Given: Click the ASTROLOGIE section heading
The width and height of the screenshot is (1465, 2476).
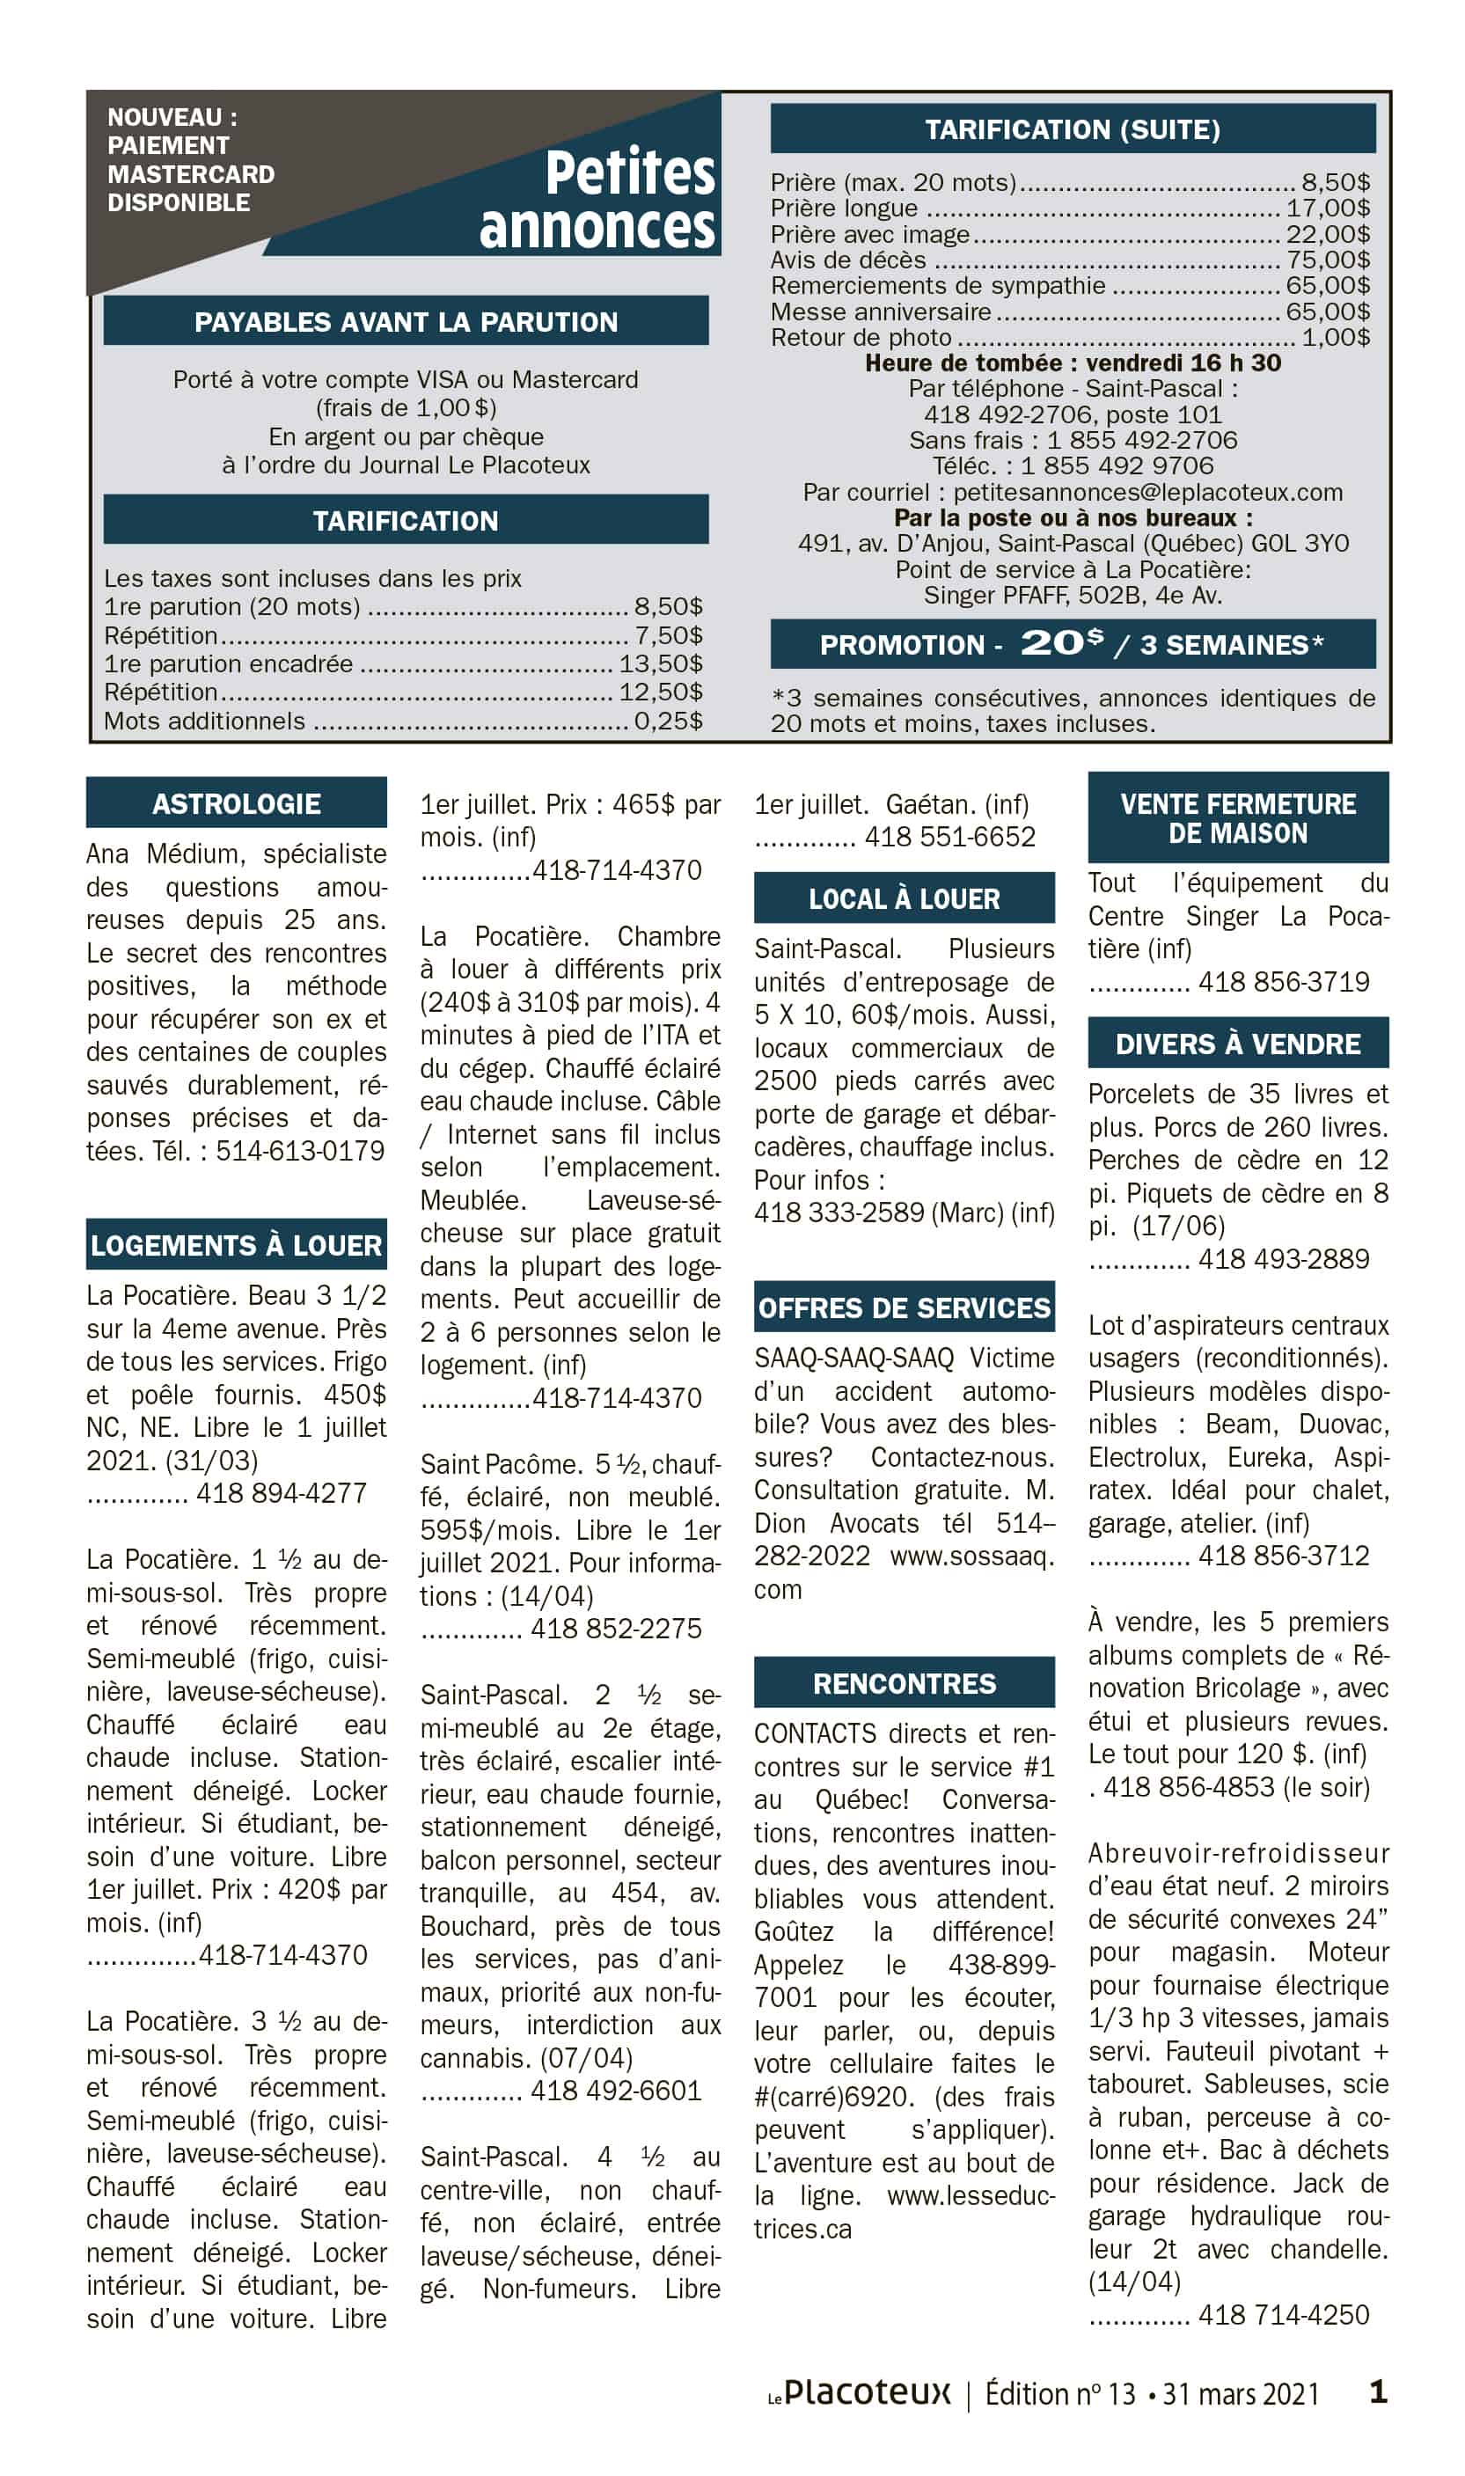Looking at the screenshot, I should click(236, 803).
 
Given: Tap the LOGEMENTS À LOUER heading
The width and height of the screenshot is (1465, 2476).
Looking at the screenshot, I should click(236, 1245).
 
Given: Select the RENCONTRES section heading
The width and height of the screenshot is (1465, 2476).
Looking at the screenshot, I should click(905, 1683).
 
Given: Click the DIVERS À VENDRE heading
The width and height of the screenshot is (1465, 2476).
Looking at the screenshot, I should click(1238, 1044).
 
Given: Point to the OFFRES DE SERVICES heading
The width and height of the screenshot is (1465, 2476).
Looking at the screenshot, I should click(905, 1308).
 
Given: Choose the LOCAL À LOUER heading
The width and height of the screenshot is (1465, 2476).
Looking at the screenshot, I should click(905, 898).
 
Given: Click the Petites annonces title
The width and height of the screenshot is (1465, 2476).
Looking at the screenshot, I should click(598, 201).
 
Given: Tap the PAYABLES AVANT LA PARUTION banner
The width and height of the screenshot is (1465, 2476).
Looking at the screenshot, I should click(406, 322).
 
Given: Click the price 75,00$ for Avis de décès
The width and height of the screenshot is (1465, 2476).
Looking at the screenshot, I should click(1328, 260).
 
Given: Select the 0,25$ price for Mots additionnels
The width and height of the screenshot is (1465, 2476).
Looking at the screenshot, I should click(669, 721).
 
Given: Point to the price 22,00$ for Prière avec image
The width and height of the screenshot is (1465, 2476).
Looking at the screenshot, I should click(1328, 234).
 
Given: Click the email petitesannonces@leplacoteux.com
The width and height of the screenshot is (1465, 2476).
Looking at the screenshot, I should click(1148, 492).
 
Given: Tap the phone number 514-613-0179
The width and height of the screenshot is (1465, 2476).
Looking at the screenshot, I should click(300, 1151).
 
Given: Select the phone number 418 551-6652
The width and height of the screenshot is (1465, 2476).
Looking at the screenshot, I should click(949, 836).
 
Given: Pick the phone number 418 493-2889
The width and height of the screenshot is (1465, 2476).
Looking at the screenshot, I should click(1284, 1259).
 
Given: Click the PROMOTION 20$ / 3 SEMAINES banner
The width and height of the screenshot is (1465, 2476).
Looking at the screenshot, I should click(1072, 644).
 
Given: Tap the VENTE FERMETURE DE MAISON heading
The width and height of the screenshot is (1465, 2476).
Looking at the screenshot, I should click(1238, 817).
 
